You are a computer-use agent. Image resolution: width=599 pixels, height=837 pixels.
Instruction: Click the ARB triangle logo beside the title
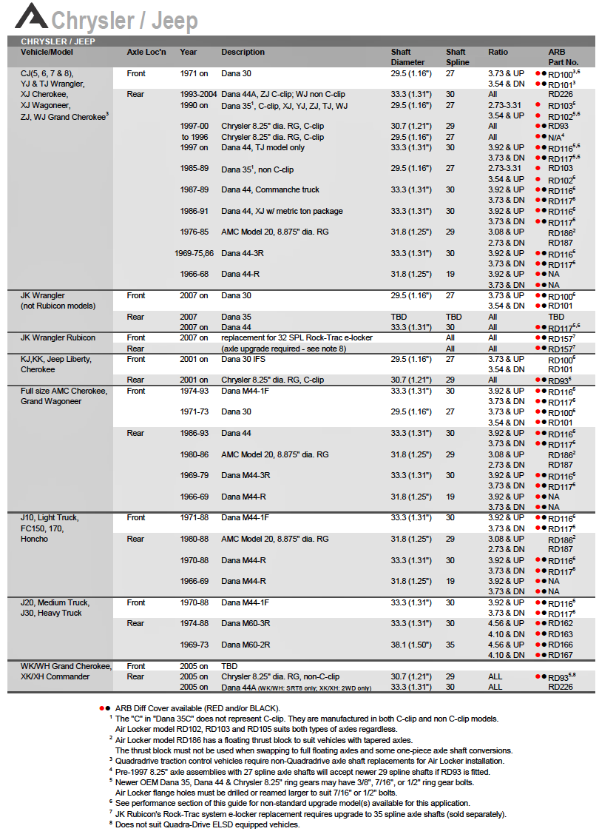31,16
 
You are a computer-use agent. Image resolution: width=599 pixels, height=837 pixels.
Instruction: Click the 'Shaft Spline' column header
456,57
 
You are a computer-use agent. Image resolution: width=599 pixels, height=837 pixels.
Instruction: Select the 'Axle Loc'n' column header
146,52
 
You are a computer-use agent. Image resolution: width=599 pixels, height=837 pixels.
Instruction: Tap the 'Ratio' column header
498,52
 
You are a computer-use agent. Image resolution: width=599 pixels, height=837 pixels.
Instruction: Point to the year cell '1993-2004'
198,95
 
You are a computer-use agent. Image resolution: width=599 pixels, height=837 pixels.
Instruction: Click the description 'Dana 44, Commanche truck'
270,190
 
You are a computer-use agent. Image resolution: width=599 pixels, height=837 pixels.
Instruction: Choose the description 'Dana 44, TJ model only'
263,147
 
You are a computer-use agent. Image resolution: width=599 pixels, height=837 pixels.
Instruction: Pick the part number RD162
561,624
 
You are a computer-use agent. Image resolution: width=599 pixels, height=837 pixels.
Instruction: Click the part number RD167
561,656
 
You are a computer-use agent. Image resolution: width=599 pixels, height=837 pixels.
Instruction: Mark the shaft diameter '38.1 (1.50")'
411,645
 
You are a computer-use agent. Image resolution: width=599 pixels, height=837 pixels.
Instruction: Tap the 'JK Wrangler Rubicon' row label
58,338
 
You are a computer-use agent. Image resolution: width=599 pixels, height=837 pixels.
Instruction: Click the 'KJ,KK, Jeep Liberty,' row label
55,359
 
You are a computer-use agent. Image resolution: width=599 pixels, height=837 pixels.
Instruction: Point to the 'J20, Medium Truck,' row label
55,602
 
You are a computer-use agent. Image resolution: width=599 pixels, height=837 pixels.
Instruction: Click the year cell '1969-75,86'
194,254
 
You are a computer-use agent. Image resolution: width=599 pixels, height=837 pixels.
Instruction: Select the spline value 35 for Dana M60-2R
450,645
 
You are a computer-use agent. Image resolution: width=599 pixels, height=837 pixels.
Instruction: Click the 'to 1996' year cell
195,137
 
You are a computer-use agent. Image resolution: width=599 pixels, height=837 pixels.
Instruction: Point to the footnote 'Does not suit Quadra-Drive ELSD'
207,824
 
